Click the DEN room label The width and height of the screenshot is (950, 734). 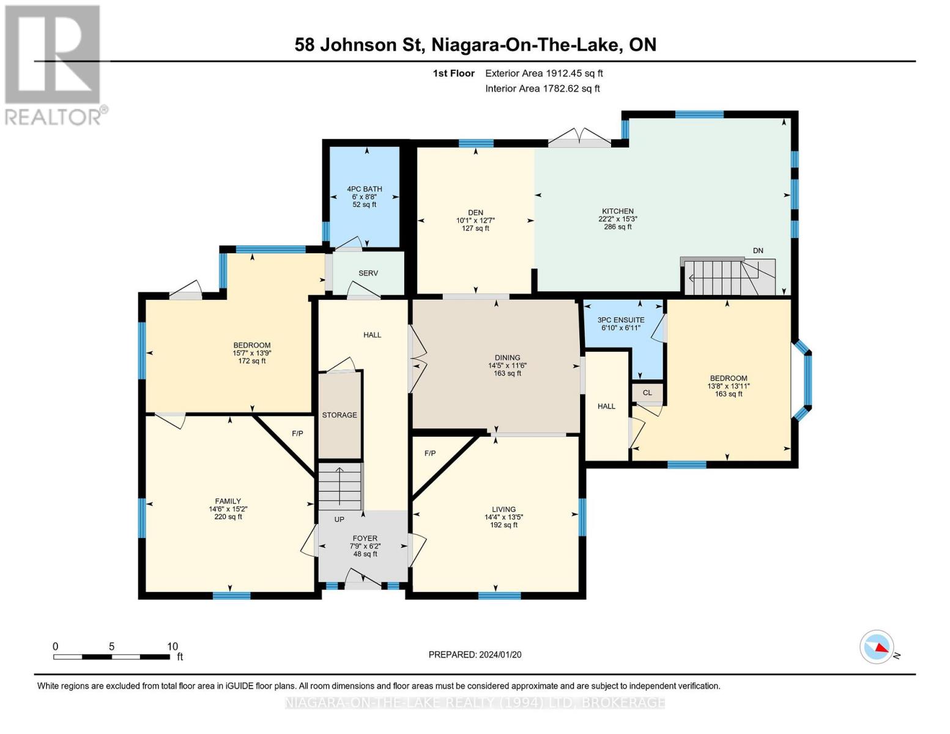pyautogui.click(x=476, y=213)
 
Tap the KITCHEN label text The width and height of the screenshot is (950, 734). pyautogui.click(x=617, y=211)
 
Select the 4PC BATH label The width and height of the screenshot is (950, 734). pyautogui.click(x=365, y=189)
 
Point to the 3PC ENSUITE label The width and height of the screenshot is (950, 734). pyautogui.click(x=621, y=320)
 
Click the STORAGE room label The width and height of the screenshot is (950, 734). pyautogui.click(x=340, y=415)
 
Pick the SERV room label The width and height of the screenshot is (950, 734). pyautogui.click(x=368, y=273)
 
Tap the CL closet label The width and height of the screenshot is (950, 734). pyautogui.click(x=647, y=393)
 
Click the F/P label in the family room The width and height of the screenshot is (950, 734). pyautogui.click(x=297, y=433)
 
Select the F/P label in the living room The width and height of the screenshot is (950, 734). pyautogui.click(x=430, y=453)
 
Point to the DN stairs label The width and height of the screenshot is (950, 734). pyautogui.click(x=758, y=251)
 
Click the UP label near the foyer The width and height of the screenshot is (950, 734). pyautogui.click(x=340, y=519)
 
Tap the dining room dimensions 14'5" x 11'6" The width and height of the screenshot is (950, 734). pyautogui.click(x=508, y=365)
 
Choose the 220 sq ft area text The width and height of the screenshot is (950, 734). pyautogui.click(x=228, y=517)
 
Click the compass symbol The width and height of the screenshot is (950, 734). pyautogui.click(x=877, y=647)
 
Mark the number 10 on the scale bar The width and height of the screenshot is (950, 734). pyautogui.click(x=173, y=647)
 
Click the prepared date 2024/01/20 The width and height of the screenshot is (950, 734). pyautogui.click(x=500, y=654)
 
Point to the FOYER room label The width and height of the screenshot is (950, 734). pyautogui.click(x=365, y=538)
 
